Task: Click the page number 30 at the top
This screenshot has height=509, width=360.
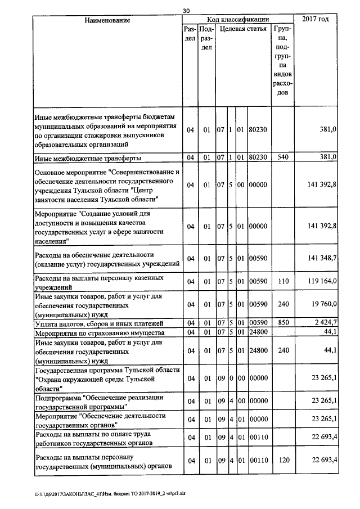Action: tap(187, 10)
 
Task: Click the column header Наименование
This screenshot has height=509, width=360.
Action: tap(107, 20)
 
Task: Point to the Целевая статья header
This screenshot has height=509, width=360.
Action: tap(243, 28)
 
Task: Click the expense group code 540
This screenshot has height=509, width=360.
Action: tap(283, 157)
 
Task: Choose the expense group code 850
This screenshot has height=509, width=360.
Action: tap(283, 323)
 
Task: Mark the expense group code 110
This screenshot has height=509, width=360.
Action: tap(283, 281)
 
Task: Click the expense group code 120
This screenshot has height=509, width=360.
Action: tap(283, 460)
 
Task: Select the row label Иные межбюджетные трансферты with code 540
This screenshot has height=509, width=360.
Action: tap(88, 157)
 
